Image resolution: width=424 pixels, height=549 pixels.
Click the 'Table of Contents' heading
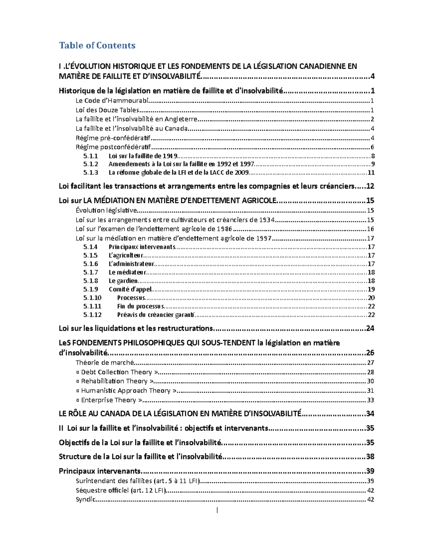tap(97, 46)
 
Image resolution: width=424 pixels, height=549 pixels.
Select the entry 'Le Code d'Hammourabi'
tap(112, 101)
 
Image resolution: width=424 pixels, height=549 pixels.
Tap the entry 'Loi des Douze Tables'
tap(107, 110)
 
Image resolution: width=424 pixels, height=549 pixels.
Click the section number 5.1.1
tap(90, 156)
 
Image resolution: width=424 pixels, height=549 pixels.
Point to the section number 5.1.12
tap(92, 315)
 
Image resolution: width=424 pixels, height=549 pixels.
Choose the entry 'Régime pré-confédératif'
tap(113, 138)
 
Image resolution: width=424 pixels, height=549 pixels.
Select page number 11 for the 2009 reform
tap(371, 173)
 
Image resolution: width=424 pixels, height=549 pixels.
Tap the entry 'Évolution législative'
tap(106, 211)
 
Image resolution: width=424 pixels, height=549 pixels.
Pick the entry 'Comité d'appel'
tap(130, 290)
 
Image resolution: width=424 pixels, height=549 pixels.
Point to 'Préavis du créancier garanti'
tap(156, 315)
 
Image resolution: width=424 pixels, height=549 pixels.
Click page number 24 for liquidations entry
tap(370, 329)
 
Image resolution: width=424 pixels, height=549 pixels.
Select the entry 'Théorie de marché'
tap(105, 363)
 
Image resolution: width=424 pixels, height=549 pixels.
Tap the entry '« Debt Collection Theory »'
tap(117, 372)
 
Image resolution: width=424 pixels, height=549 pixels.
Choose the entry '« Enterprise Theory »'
tap(109, 400)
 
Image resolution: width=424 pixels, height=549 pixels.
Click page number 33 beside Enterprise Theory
tap(370, 400)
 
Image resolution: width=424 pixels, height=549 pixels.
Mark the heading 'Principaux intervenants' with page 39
tap(100, 471)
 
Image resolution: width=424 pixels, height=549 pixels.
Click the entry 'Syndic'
tap(86, 500)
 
